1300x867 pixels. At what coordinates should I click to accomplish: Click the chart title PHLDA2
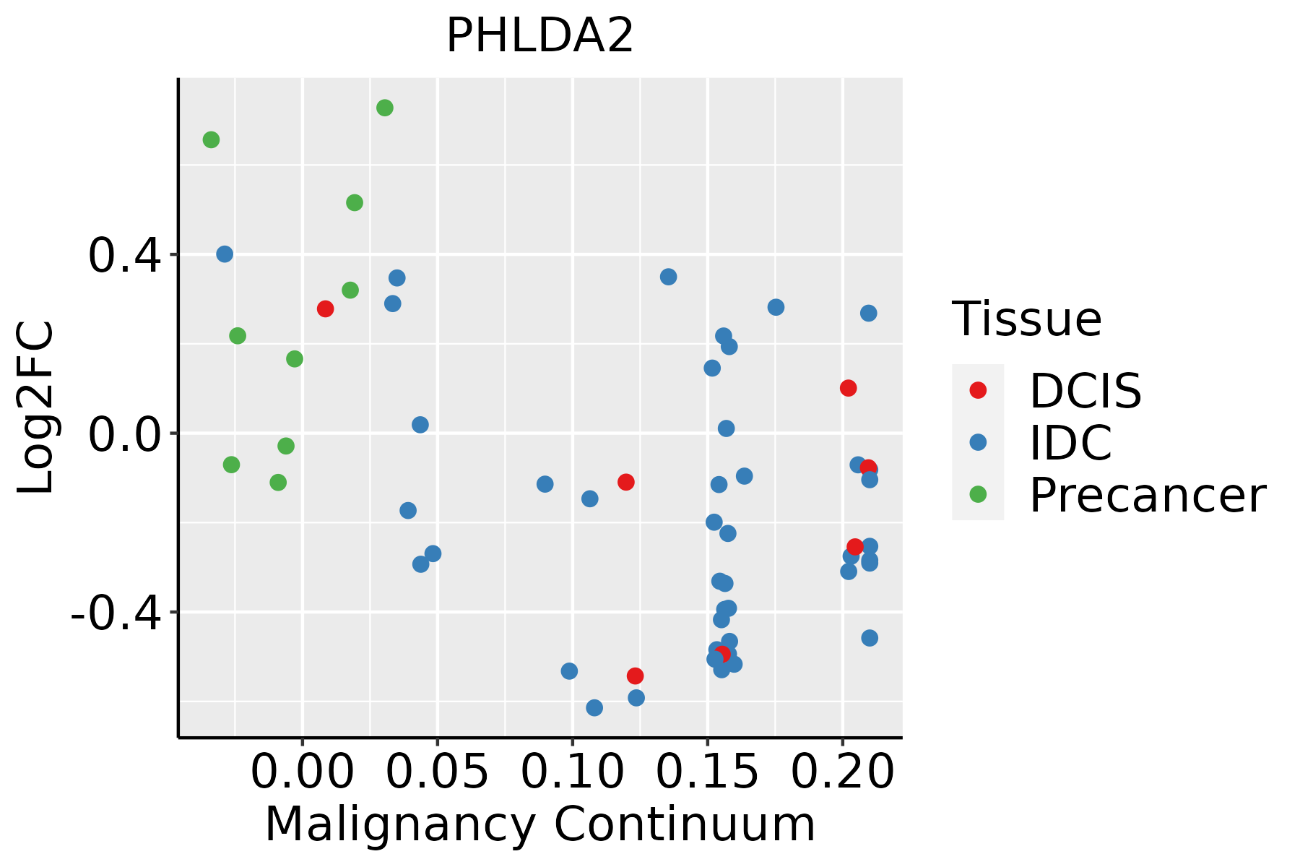click(x=540, y=36)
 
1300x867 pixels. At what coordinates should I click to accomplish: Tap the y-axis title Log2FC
click(x=36, y=407)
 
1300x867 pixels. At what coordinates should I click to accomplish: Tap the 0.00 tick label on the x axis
click(x=302, y=772)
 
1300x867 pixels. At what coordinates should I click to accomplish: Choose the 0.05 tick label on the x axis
click(x=437, y=772)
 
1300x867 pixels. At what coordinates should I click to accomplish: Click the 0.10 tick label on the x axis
click(x=572, y=772)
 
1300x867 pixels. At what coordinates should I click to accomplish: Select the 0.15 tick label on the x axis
click(x=707, y=772)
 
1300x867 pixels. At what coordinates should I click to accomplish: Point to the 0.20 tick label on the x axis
click(x=842, y=772)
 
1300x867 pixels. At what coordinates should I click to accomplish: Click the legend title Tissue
click(x=1027, y=319)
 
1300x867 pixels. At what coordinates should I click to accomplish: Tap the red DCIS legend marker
click(x=978, y=390)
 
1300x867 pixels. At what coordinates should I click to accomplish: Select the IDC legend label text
click(x=1070, y=443)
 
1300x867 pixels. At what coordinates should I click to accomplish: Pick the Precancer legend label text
click(x=1147, y=496)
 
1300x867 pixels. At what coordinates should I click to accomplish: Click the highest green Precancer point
click(x=385, y=108)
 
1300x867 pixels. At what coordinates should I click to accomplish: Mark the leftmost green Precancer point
click(x=211, y=139)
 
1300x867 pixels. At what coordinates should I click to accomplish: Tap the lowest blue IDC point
click(x=594, y=707)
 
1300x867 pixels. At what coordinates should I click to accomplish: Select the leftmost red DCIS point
click(x=325, y=309)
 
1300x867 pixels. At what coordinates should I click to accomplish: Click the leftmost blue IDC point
click(x=225, y=254)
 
